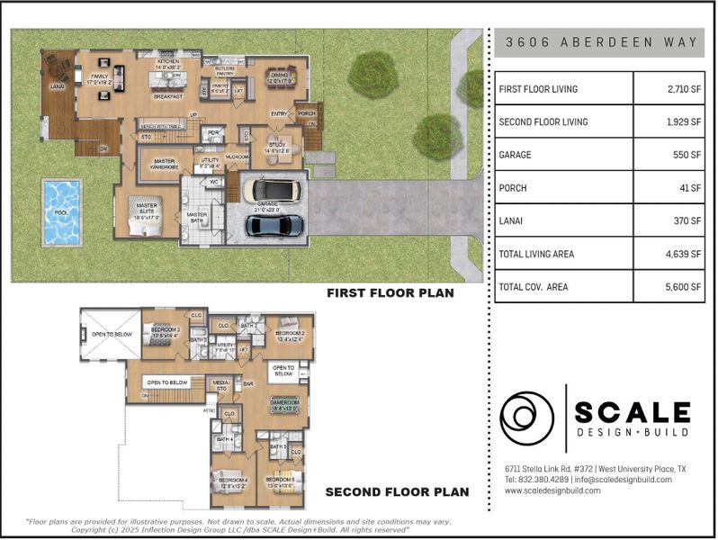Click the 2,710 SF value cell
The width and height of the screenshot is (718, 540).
[669, 89]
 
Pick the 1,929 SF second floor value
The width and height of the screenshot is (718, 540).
[669, 121]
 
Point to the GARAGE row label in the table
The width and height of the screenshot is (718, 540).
[516, 155]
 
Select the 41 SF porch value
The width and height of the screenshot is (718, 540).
[669, 188]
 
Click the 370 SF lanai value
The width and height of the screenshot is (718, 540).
[669, 220]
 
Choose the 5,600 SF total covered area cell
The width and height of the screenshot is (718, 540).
[669, 287]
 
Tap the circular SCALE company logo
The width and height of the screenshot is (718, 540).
[527, 418]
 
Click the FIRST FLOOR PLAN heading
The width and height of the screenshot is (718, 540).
[390, 293]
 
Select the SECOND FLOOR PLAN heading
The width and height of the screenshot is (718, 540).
[397, 492]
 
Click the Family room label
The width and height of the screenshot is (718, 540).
[99, 79]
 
